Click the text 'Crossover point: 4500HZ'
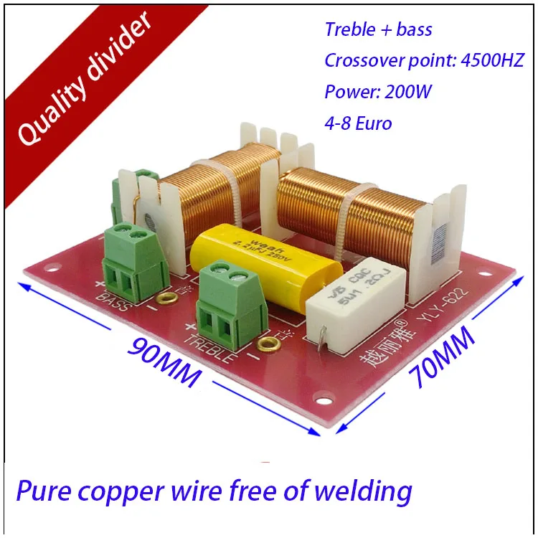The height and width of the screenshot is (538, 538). tap(424, 60)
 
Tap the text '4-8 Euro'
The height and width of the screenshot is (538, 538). tap(358, 123)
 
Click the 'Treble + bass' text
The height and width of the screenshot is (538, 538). tap(378, 29)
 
